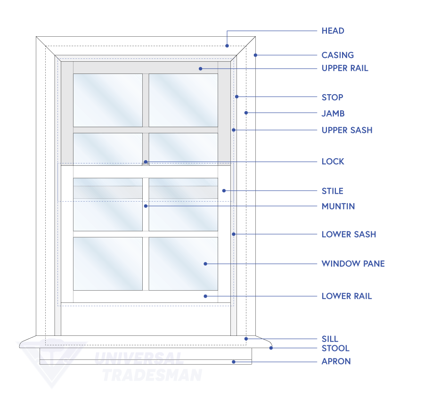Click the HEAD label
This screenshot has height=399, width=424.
[333, 31]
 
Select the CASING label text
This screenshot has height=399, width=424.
[337, 55]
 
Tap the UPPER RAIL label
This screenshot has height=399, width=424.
[344, 68]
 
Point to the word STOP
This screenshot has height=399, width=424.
[332, 98]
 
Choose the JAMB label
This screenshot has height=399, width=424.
[333, 114]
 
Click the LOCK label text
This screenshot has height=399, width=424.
[333, 162]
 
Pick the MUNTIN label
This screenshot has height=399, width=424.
[338, 206]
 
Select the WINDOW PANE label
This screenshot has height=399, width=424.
[353, 264]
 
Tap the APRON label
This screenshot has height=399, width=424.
[336, 362]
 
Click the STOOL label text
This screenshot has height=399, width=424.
[335, 349]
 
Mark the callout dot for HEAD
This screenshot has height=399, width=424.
[227, 46]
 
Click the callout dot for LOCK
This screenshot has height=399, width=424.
[146, 162]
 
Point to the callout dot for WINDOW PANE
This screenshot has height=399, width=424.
[205, 264]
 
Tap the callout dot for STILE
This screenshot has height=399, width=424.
[224, 191]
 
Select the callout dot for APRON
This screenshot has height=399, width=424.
[233, 362]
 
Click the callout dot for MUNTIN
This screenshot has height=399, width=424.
[146, 206]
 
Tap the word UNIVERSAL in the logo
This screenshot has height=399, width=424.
[139, 358]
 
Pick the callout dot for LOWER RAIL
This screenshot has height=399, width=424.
[205, 296]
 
